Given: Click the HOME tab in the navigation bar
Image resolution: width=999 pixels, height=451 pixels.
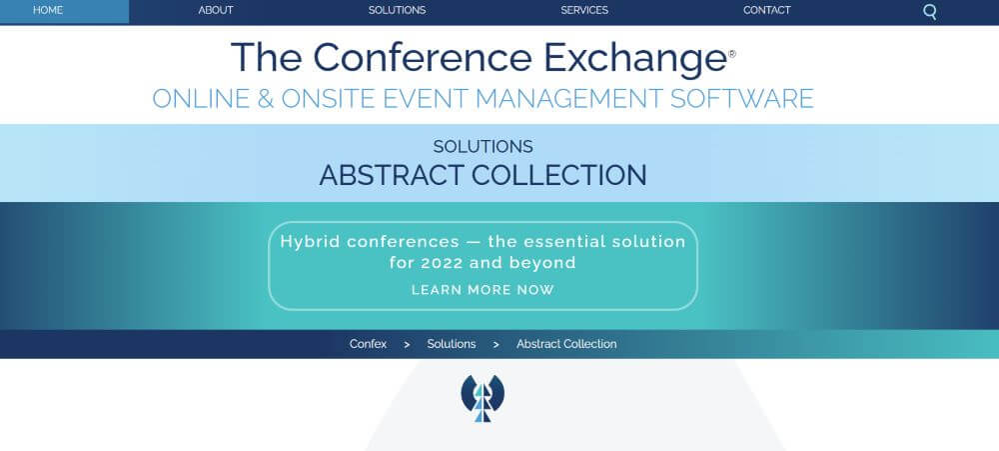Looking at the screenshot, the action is (x=48, y=10).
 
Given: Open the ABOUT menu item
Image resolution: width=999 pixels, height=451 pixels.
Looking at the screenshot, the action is (x=216, y=10).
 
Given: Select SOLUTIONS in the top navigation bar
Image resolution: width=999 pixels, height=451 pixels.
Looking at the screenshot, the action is (x=397, y=10).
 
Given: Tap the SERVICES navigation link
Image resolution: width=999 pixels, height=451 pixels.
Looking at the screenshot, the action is (x=584, y=10).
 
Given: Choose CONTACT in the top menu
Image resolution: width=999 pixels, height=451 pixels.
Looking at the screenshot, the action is (x=766, y=10).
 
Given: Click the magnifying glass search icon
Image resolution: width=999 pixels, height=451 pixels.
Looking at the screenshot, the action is (x=930, y=12).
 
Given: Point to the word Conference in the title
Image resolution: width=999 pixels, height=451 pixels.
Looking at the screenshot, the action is (x=423, y=57).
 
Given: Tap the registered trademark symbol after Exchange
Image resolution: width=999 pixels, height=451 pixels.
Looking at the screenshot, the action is (x=732, y=54).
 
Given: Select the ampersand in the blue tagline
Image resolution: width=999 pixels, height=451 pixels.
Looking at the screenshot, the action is (x=265, y=99).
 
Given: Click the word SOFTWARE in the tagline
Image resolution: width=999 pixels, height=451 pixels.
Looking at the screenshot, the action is (x=742, y=99).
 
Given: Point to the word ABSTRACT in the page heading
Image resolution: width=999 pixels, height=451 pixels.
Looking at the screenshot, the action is (x=392, y=175).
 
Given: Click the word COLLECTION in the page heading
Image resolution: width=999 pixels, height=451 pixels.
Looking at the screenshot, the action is (x=558, y=175).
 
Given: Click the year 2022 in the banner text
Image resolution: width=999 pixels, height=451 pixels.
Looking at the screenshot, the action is (x=443, y=262).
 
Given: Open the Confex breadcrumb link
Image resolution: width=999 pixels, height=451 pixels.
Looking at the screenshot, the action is (x=368, y=344).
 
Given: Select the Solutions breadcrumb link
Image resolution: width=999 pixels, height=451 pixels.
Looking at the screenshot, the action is (x=452, y=344).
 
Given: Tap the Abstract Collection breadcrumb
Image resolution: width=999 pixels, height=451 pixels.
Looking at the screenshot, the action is (x=566, y=344).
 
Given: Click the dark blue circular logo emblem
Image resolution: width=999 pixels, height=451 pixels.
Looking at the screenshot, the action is (x=483, y=398).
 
